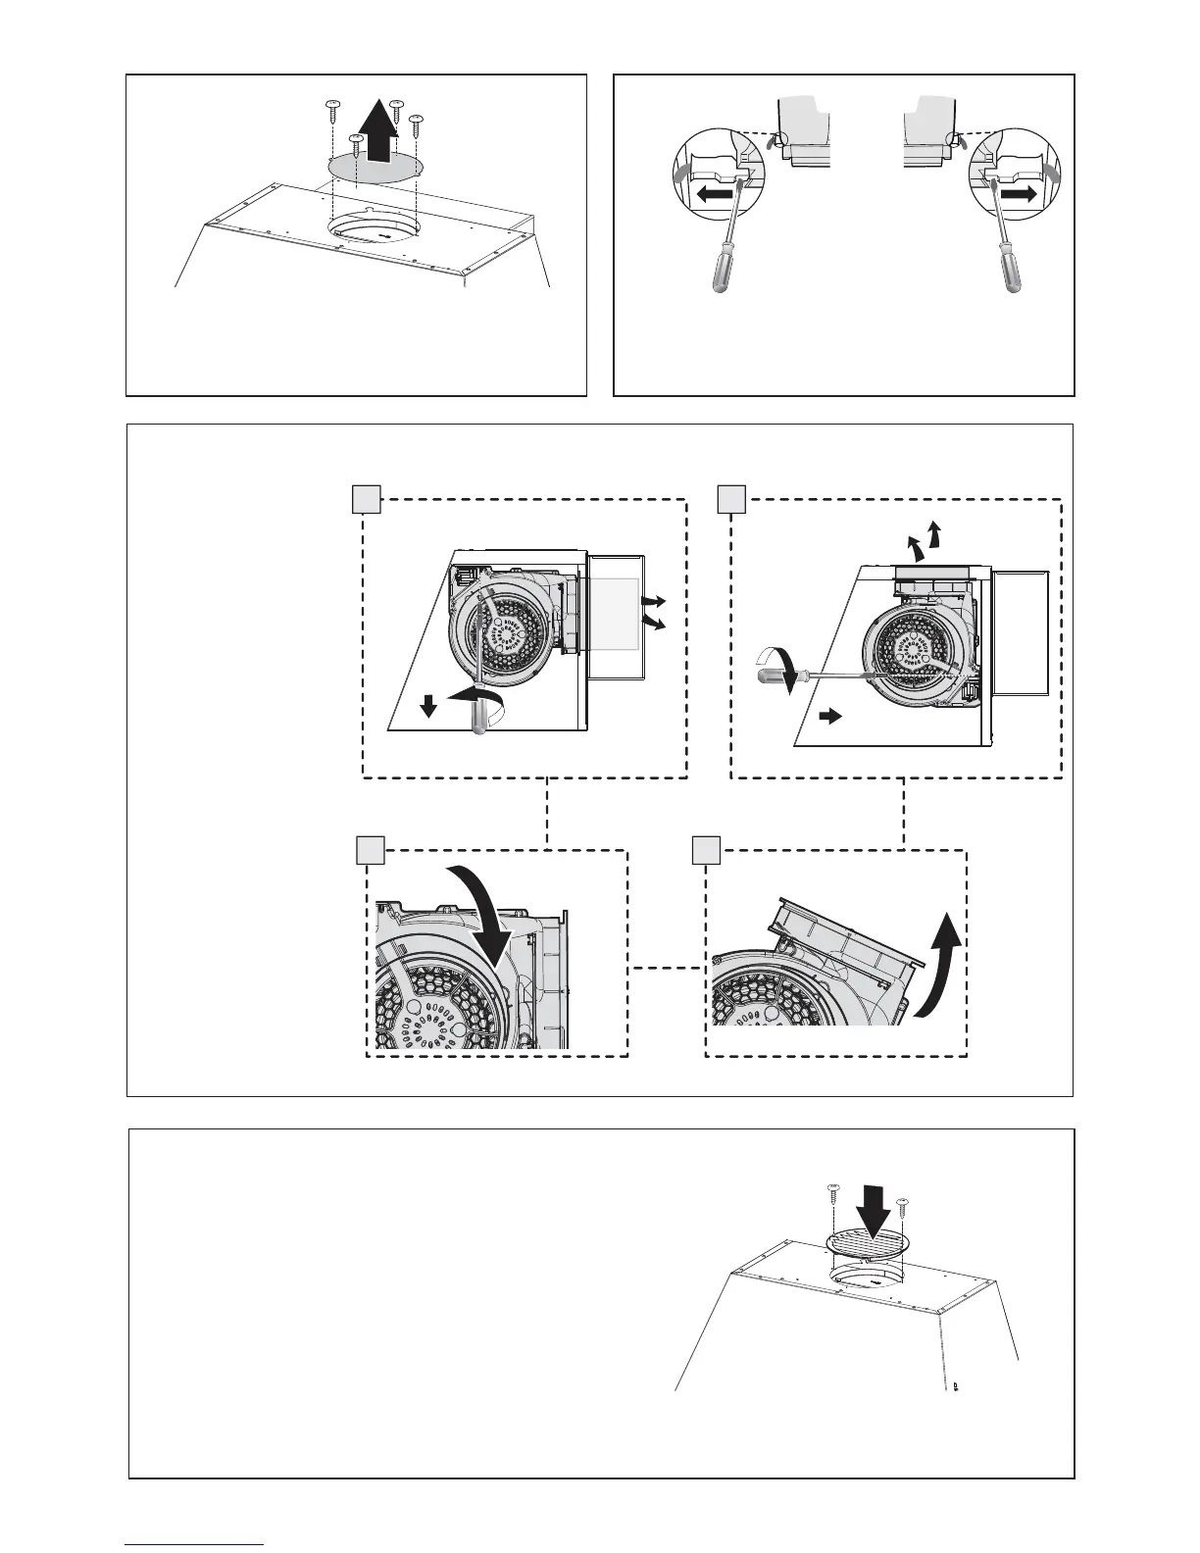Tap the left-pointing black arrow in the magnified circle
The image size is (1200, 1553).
[713, 195]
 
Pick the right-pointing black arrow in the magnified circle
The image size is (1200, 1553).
[1018, 194]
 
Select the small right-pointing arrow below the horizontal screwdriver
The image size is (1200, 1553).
[829, 717]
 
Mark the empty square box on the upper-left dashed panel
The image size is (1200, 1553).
[366, 499]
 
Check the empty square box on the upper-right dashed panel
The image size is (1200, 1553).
[731, 499]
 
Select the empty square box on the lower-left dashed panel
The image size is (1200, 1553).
[370, 850]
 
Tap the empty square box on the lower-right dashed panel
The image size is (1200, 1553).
[706, 850]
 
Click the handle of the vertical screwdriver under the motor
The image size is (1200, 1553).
[477, 718]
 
